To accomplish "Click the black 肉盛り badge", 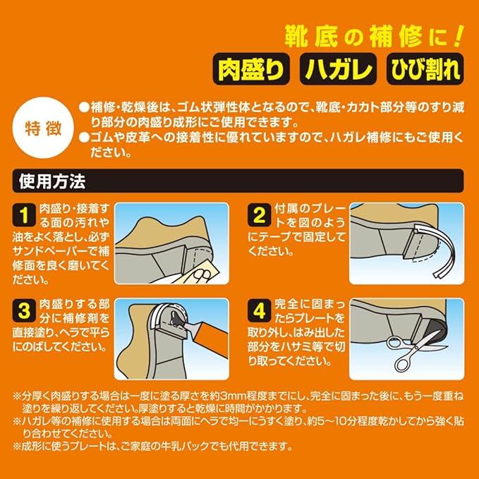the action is coord(251,69).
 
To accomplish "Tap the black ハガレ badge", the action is coord(338,69).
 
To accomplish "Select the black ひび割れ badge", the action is coord(425,69).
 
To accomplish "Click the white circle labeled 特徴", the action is coord(43,128).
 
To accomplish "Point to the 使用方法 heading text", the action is coord(52,181).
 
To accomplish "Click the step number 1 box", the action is coord(24,215).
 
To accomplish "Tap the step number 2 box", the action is coord(260,215).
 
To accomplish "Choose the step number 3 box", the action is coord(24,310).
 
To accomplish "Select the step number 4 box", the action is coord(260,310).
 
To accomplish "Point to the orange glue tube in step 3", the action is coord(211,339).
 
